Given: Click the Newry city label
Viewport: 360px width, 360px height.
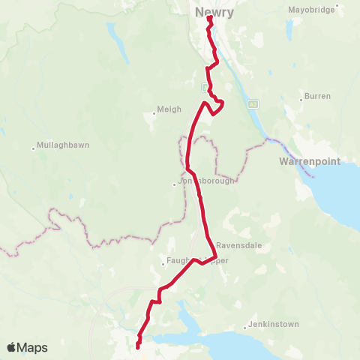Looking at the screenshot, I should pos(214,12).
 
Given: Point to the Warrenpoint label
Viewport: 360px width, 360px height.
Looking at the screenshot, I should pos(310,161).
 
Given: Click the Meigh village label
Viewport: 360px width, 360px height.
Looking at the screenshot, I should pos(169,109).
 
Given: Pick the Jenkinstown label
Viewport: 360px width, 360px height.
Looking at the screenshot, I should pos(274,325).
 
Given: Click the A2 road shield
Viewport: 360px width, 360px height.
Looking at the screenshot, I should pos(253,103).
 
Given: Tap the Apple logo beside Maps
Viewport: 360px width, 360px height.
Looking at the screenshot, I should pos(12,347).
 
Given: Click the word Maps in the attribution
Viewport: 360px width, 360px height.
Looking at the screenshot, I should pos(33,347).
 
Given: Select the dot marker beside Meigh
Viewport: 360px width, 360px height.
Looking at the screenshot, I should pos(154,113).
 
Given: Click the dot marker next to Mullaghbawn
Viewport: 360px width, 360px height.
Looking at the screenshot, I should pos(34,147).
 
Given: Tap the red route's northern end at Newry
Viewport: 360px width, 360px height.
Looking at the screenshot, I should pos(209,19).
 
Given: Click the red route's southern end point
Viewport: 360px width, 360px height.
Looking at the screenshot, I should pos(139,346).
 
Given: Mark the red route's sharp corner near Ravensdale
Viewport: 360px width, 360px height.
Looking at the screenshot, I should pos(217,256).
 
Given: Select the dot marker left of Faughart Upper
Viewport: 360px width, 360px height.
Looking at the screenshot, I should pos(163,262).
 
